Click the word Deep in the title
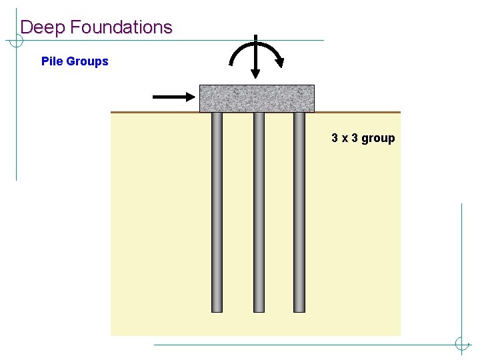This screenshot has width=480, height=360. pyautogui.click(x=43, y=27)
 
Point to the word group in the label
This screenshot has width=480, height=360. pyautogui.click(x=379, y=139)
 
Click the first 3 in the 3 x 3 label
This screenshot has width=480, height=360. pyautogui.click(x=335, y=138)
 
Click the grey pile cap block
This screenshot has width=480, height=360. pyautogui.click(x=257, y=98)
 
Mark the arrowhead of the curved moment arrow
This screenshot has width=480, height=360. pyautogui.click(x=280, y=63)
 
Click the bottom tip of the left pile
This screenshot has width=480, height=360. pyautogui.click(x=217, y=310)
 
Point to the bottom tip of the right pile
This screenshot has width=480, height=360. pyautogui.click(x=299, y=310)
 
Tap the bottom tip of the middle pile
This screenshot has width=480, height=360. pyautogui.click(x=259, y=310)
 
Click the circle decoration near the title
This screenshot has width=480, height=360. pyautogui.click(x=16, y=40)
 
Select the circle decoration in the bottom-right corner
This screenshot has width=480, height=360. pyautogui.click(x=461, y=345)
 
